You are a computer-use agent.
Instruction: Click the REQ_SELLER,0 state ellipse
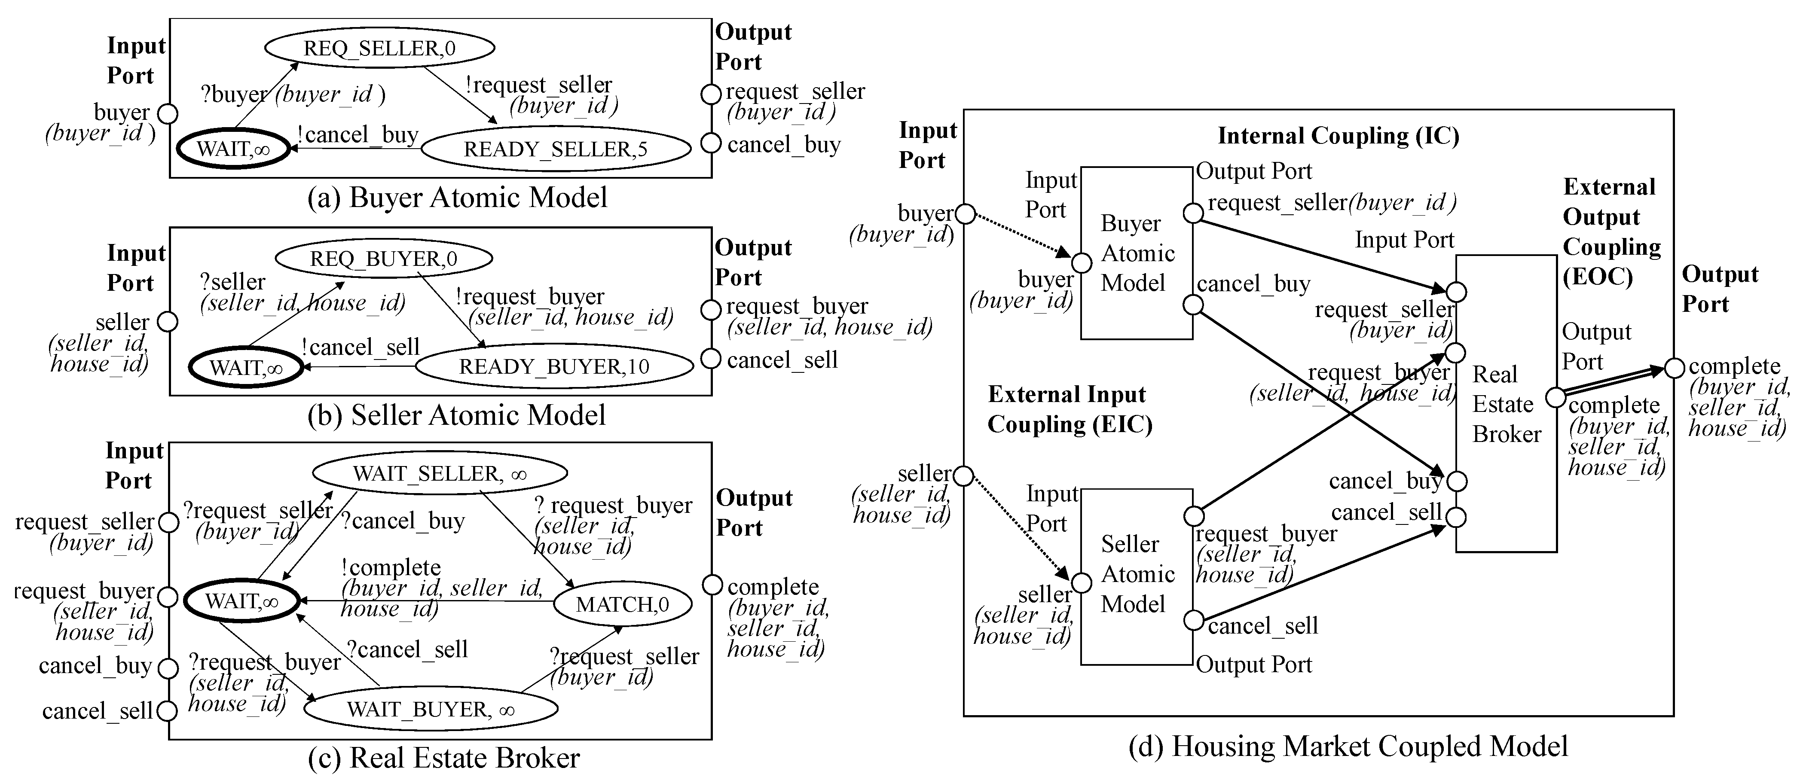pos(379,48)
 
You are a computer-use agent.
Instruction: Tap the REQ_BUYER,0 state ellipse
pos(384,258)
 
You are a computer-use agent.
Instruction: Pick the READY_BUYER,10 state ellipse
pos(553,366)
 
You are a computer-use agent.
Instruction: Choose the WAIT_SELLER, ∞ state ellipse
pos(440,473)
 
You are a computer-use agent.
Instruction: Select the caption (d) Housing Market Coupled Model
pos(1348,746)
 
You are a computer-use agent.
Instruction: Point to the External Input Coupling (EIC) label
pos(1069,409)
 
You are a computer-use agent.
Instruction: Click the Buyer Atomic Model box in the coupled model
pos(1137,253)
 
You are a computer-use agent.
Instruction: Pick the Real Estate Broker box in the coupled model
pos(1506,404)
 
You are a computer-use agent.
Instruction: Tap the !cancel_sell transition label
pos(361,347)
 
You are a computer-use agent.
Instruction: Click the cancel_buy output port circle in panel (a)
pos(710,143)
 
